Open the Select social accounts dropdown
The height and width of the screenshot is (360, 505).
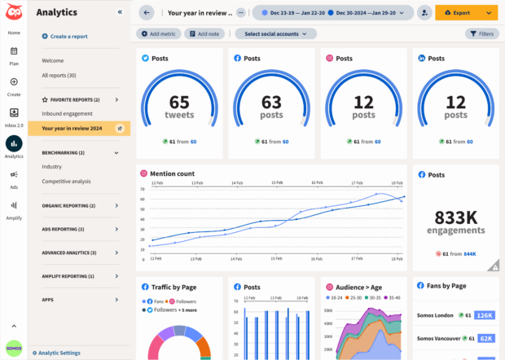click(x=275, y=33)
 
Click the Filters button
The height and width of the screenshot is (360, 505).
click(x=481, y=33)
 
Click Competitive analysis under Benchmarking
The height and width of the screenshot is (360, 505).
click(x=67, y=181)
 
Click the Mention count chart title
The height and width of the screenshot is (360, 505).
click(x=173, y=173)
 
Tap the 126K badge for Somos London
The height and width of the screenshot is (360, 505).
click(x=484, y=315)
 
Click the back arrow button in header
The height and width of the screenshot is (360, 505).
click(x=146, y=13)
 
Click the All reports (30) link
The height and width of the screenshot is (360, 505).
click(x=59, y=75)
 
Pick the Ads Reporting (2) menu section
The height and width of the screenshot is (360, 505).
click(x=70, y=229)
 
